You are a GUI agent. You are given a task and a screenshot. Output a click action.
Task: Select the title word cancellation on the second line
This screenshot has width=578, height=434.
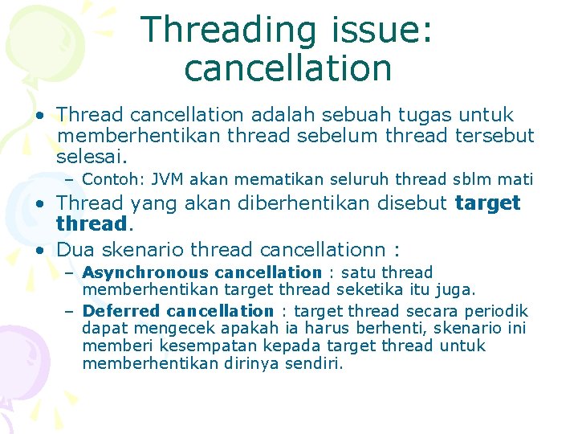[288, 68]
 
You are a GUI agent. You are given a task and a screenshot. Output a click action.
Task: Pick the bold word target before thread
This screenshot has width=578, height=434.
[487, 203]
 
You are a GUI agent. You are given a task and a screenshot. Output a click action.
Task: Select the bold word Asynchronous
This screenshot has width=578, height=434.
[133, 272]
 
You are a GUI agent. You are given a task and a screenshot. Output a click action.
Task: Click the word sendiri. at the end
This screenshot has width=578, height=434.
[312, 363]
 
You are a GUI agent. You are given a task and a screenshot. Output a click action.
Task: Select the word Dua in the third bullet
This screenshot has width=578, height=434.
[75, 249]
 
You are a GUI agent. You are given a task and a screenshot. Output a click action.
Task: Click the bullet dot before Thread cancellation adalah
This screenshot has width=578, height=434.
[39, 116]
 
